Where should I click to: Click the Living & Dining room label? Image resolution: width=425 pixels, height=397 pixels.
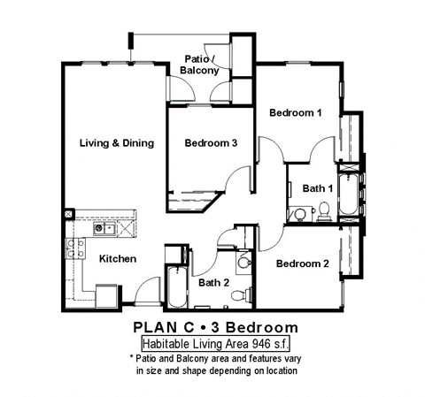coord(116,143)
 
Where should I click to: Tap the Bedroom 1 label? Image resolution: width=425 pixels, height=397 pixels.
coord(295,113)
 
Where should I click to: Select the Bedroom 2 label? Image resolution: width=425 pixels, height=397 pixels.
coord(302,263)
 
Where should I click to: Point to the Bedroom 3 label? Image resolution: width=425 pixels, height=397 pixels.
coord(210,143)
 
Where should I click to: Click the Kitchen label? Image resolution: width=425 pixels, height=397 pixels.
coord(117,259)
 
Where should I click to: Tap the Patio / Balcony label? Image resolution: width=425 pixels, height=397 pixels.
coord(199,63)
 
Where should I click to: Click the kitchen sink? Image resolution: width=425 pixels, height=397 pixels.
coord(104,228)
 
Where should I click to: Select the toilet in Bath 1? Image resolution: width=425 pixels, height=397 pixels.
coord(323,210)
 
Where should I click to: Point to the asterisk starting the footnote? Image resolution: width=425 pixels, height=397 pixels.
coord(131,357)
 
